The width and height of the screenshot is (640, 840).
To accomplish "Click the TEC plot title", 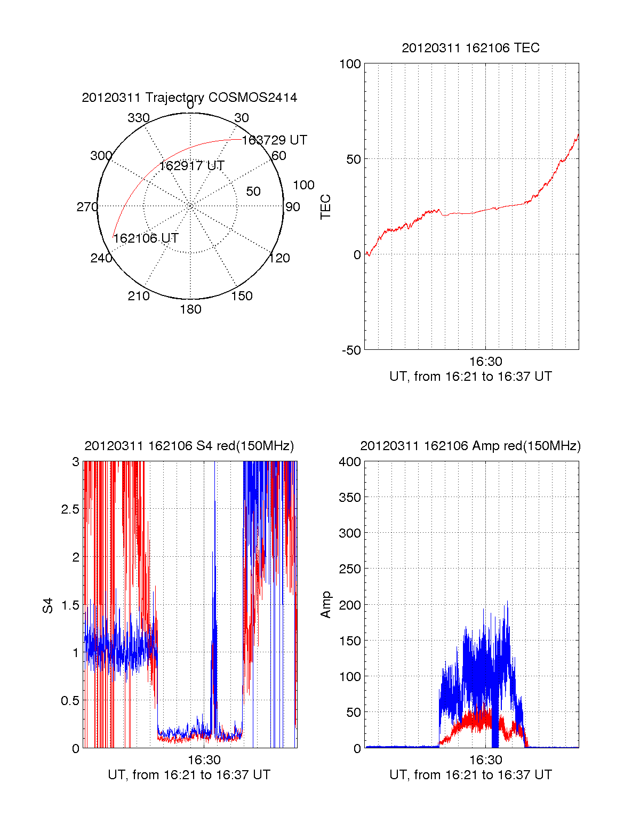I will point(470,48).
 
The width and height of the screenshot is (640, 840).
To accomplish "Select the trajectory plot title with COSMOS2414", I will point(189,98).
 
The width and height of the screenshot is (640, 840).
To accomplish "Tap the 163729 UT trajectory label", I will point(274,140).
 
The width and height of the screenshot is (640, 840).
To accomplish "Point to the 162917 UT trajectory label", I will point(191,166).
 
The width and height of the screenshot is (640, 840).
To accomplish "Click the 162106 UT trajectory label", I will point(146,238).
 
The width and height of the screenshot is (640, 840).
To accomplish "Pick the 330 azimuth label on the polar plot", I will point(139,118).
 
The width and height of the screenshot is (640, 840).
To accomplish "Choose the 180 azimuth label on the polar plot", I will point(190,309).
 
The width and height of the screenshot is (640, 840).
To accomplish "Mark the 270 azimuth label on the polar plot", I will point(87,207).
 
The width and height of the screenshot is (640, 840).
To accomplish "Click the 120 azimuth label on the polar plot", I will point(279,259).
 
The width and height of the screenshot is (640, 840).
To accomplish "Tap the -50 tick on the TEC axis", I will point(351,350).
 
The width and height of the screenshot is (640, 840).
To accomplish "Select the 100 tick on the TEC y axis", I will point(350,64).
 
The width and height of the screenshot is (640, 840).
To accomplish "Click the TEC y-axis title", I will point(325,207).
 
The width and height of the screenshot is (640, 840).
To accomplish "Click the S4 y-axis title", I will point(48,605).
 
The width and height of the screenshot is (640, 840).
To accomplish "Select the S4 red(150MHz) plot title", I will point(189,446).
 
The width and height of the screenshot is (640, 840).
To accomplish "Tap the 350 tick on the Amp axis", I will point(350,498).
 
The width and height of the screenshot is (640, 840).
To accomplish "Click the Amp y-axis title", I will point(325,605).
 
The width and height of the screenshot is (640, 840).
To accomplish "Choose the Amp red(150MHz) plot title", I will point(470,446).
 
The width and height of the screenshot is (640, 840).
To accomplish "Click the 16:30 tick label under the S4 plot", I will point(204,759).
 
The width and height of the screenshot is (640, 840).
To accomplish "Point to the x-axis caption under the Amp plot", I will point(470,775).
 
